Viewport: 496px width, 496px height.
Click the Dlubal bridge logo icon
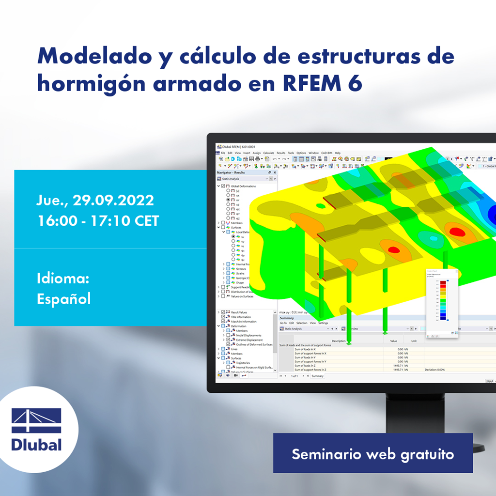(36, 420)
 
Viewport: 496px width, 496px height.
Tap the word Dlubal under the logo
(36, 445)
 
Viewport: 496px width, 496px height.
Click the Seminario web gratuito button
(372, 454)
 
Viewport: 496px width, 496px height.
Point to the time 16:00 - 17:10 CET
(98, 221)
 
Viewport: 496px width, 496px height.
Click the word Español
(63, 298)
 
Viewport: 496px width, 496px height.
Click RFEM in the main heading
(304, 83)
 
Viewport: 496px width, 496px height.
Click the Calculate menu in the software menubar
(268, 153)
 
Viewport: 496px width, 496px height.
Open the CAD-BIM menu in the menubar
(326, 153)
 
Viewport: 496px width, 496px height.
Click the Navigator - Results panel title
(231, 172)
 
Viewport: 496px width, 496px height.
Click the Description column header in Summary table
(339, 341)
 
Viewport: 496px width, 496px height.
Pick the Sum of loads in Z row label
(310, 365)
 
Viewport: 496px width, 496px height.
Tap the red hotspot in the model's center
(393, 250)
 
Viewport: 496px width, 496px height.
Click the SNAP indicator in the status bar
(489, 381)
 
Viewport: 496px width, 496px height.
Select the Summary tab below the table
(317, 376)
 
